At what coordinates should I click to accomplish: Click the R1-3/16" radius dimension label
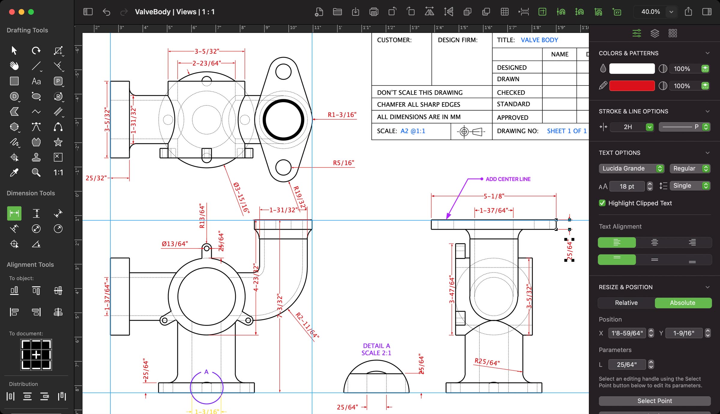tap(342, 115)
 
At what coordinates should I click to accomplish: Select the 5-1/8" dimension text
tap(493, 196)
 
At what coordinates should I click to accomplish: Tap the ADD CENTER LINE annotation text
tap(508, 179)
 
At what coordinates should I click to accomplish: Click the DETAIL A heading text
tap(376, 346)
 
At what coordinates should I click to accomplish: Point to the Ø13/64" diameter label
tap(175, 244)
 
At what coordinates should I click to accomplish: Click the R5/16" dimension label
tap(343, 163)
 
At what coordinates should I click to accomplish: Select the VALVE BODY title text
tap(539, 40)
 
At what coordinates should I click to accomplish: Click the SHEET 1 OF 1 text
tap(566, 131)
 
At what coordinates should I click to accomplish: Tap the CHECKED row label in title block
tap(511, 93)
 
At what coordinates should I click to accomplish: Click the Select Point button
tap(654, 401)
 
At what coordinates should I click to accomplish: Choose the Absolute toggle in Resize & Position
tap(682, 303)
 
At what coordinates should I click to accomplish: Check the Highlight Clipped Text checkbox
tap(602, 203)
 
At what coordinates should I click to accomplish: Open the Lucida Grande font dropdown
tap(631, 168)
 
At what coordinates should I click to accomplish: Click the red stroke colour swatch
tap(631, 86)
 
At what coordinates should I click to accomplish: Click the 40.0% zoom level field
tap(650, 12)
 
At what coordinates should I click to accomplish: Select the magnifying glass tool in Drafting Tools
tap(36, 172)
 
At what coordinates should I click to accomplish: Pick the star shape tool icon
tap(58, 142)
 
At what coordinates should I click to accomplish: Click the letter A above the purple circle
tap(206, 372)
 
